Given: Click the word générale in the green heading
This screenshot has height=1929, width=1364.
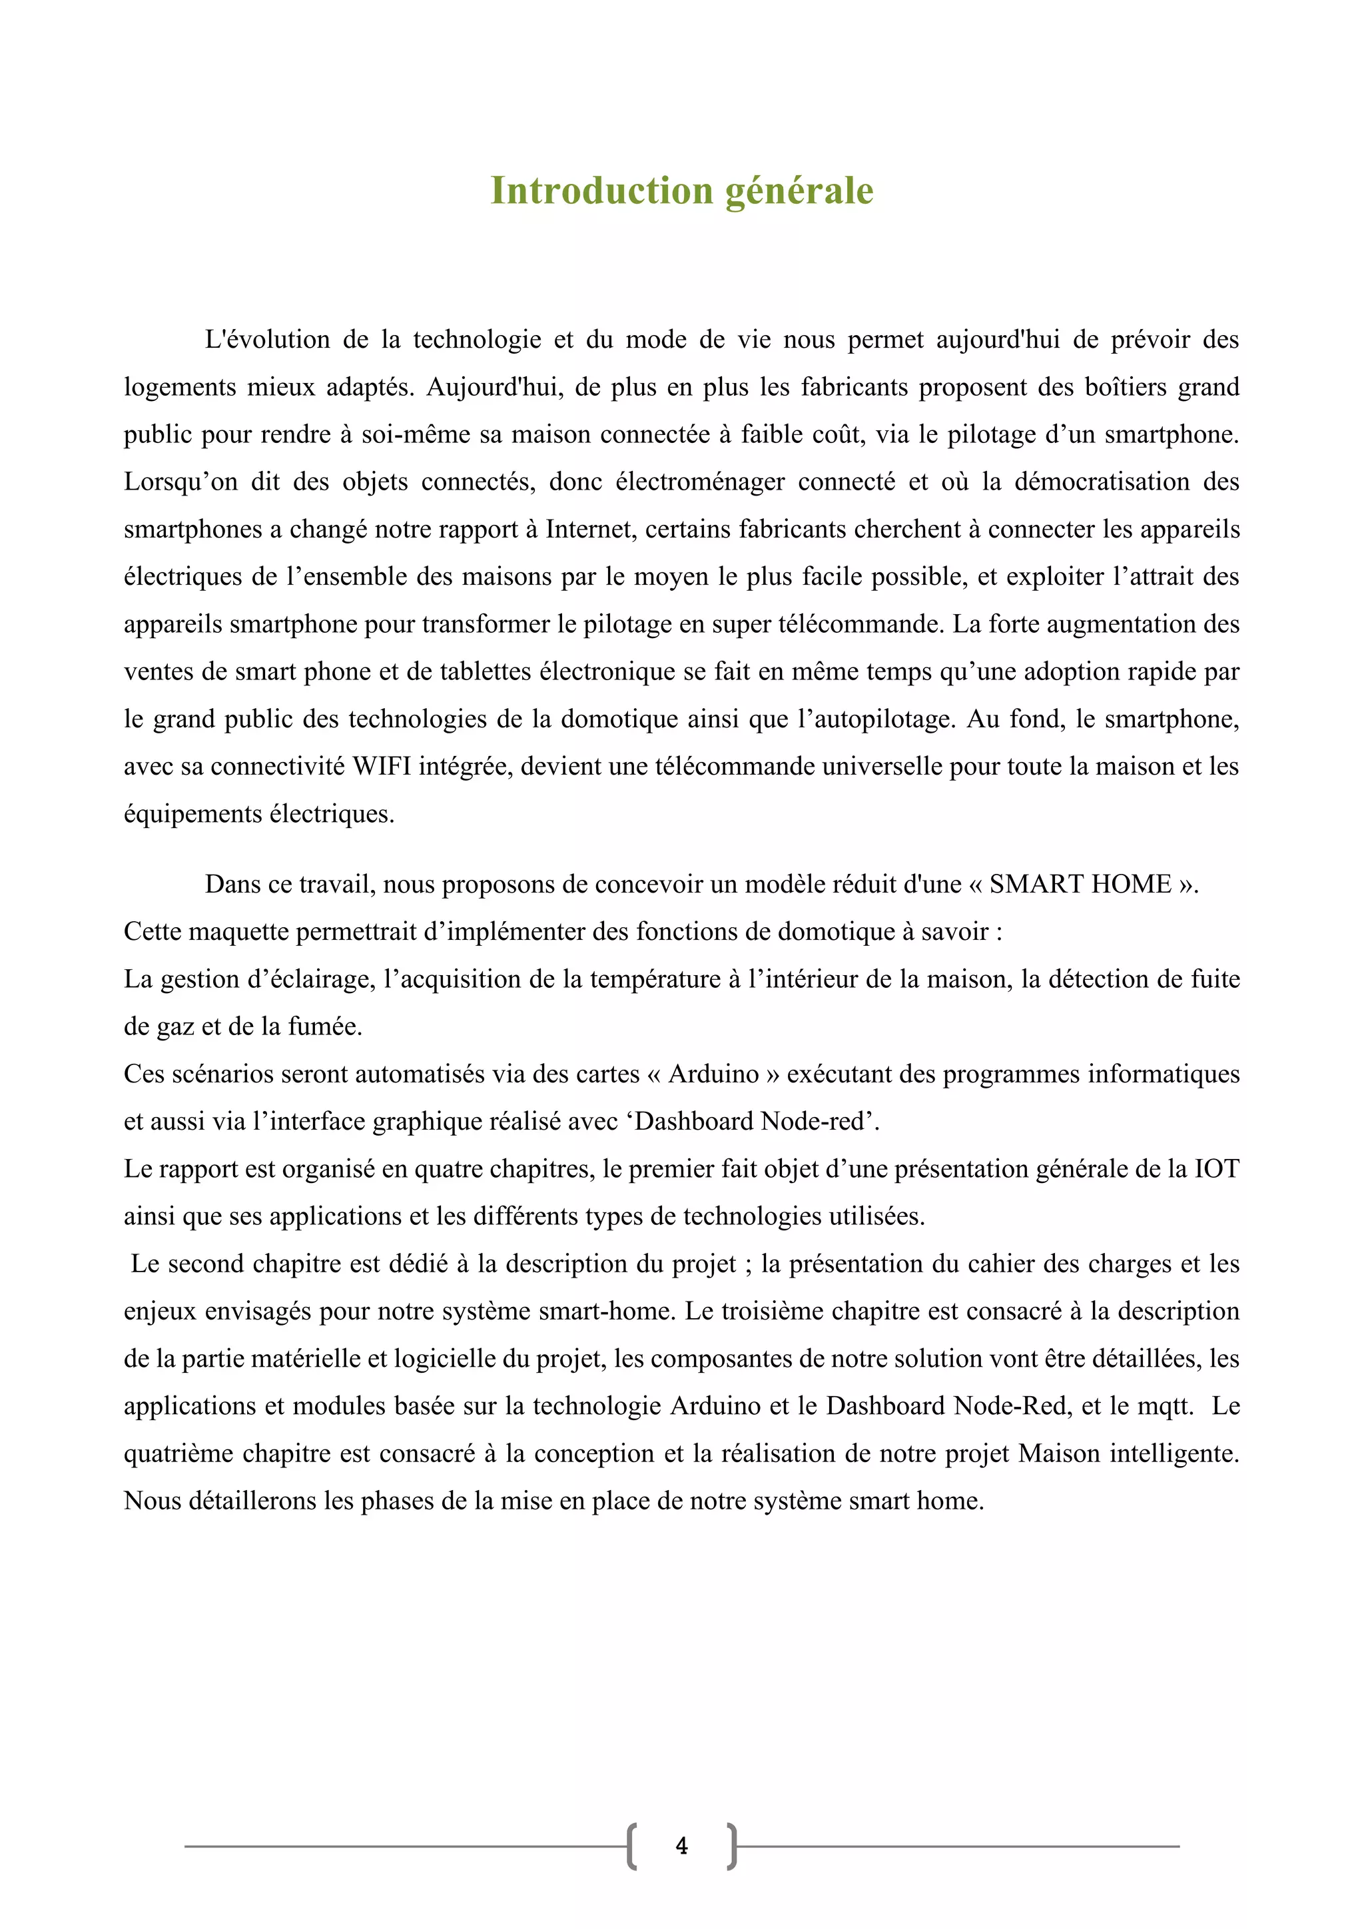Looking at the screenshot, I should pos(799,191).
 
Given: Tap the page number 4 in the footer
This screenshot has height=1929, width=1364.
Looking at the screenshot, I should pos(681,1846).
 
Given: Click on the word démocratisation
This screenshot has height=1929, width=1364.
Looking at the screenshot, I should pos(1102,482).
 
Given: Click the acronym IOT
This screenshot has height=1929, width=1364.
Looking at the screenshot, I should pos(1217,1170).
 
